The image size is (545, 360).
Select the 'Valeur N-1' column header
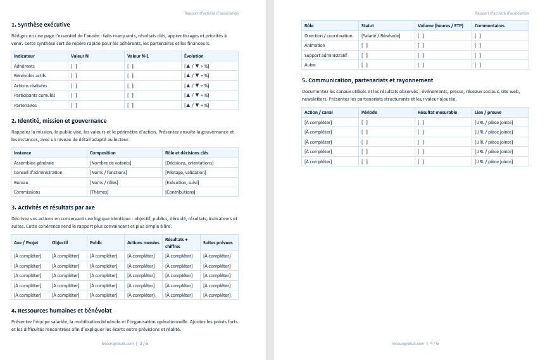(138, 56)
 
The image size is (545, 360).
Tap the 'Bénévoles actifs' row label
(30, 75)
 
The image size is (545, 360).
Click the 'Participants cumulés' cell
(34, 95)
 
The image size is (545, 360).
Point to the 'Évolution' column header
(194, 56)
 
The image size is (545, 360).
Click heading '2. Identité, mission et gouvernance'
(59, 120)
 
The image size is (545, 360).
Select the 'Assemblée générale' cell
(34, 163)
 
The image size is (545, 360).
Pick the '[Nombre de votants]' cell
(111, 163)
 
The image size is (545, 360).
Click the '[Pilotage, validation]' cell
(188, 172)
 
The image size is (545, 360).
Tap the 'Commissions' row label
(27, 192)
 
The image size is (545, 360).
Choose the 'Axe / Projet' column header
(26, 242)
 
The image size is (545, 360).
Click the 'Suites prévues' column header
(217, 242)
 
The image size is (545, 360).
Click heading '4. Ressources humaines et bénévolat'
(61, 311)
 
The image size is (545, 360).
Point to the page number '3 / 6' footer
(144, 344)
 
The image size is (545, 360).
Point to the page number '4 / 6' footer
(434, 344)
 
